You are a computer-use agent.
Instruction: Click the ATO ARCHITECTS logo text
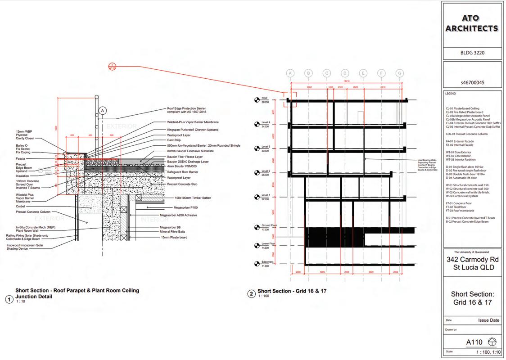472,23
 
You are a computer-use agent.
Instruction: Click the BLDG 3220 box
472,53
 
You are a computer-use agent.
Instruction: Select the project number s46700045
472,83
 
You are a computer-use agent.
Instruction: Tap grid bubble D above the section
345,73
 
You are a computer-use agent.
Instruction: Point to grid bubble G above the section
399,73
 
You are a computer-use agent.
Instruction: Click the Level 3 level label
266,147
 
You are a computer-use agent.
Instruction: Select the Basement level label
267,262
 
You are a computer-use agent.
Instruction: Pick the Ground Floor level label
269,225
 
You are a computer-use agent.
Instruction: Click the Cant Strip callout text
174,140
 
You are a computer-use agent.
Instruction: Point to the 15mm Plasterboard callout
174,237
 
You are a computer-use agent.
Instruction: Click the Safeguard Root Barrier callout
182,172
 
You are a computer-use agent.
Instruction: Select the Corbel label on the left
20,207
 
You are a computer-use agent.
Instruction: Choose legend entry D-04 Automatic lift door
461,178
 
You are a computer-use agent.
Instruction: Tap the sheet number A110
474,342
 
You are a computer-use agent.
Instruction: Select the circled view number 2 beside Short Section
252,294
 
